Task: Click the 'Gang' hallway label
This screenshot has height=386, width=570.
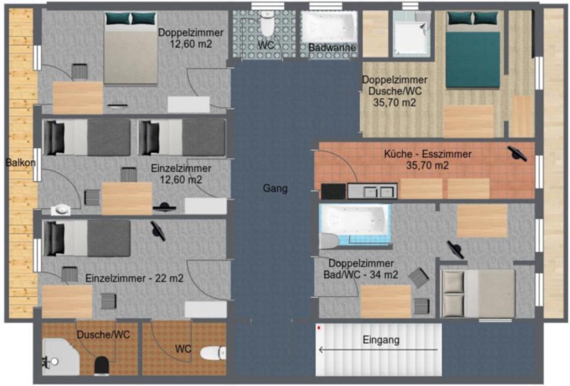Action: pos(275,188)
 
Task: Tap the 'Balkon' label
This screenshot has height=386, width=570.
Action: pos(21,162)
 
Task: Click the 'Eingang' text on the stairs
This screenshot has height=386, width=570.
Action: pos(381,340)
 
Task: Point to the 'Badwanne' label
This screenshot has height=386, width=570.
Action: pos(332,48)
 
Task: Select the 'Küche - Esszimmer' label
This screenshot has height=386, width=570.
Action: pos(427,154)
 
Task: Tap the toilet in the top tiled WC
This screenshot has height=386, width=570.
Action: pos(267,23)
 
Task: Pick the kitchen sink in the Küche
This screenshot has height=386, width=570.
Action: pos(372,191)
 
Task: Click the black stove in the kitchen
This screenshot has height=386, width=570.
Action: pos(333,191)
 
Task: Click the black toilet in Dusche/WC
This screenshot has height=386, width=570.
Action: pos(102,365)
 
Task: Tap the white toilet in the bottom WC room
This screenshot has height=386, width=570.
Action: pos(213,353)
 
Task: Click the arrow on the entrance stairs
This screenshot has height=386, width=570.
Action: pos(378,350)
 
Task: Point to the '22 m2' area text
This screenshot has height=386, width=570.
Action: pos(169,278)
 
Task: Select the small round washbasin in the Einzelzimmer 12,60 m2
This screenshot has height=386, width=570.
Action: pos(60,210)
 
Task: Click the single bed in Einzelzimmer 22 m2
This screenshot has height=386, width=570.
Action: pos(87,238)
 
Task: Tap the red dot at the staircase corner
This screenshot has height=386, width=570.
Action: pos(319,328)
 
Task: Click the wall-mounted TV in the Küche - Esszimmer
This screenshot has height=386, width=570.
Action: pos(518,153)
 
